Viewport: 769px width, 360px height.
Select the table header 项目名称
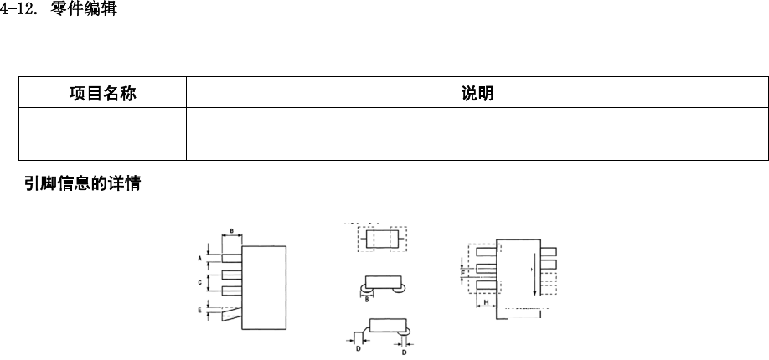[x=102, y=94]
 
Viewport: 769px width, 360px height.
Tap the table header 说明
[x=477, y=94]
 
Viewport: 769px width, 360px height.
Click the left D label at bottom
[x=359, y=348]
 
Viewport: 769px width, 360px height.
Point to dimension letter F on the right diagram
[x=462, y=272]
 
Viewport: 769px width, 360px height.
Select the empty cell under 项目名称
[x=102, y=133]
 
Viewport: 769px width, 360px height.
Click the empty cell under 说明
[x=477, y=133]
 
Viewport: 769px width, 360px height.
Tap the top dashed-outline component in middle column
[x=381, y=238]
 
